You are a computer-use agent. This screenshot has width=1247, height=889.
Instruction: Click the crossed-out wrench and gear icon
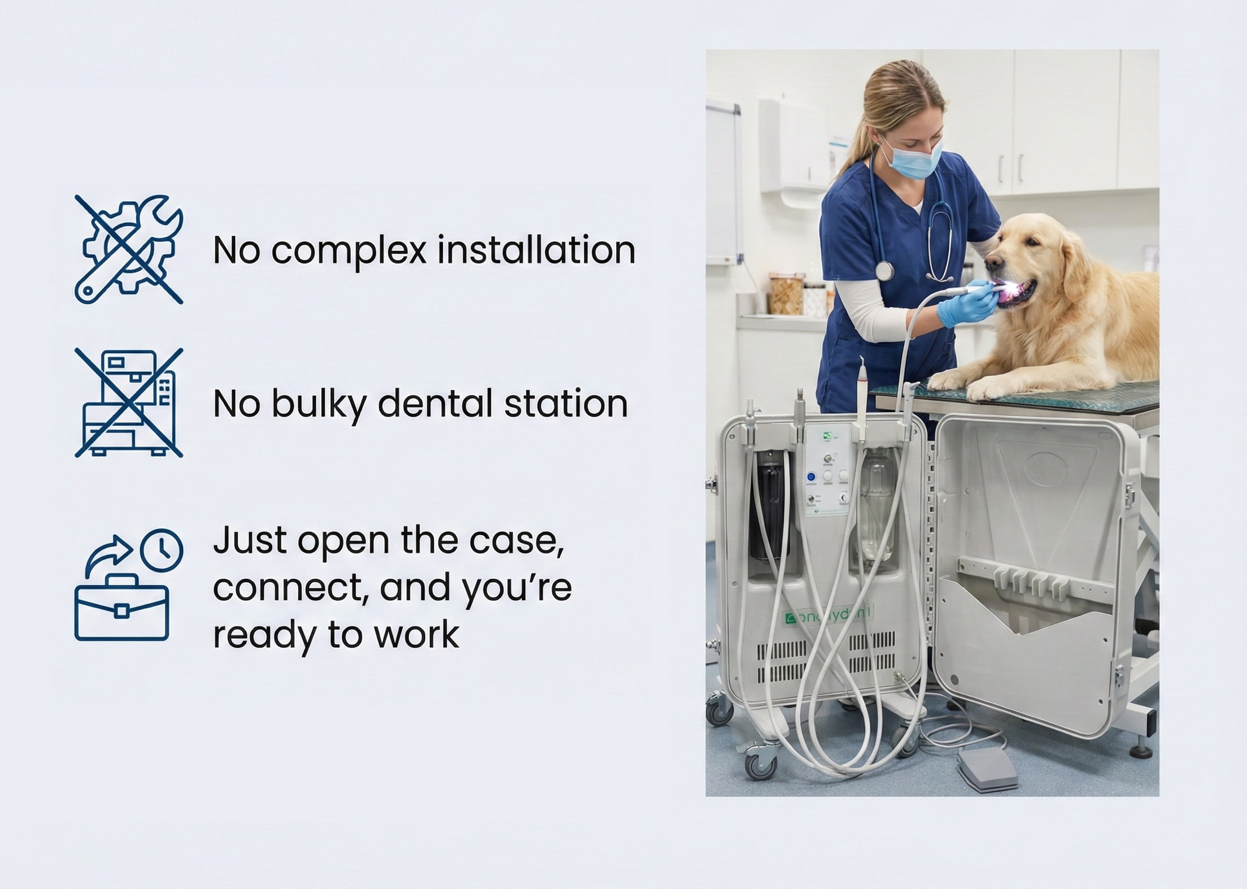129,249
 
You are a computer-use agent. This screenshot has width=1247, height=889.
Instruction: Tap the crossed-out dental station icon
129,402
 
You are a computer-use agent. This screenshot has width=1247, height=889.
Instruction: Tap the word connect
291,588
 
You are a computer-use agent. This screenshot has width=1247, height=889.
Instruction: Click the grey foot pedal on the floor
988,769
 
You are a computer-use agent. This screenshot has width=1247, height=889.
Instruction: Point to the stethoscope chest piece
884,270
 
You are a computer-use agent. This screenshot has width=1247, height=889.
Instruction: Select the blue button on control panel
811,476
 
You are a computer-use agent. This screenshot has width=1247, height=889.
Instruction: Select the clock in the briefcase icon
162,549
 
